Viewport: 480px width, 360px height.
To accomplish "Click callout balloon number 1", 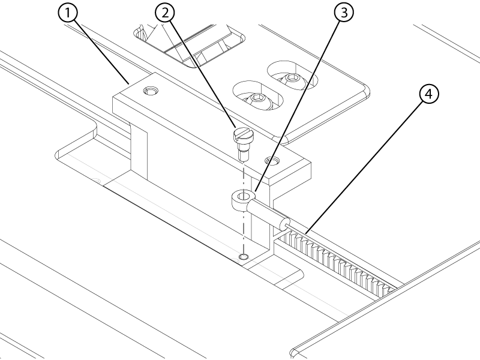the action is pyautogui.click(x=68, y=13).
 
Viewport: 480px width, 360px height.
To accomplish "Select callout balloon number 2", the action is pyautogui.click(x=165, y=13).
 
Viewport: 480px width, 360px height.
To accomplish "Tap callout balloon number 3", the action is pyautogui.click(x=344, y=13).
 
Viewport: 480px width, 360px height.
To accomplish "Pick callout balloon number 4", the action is pyautogui.click(x=429, y=94).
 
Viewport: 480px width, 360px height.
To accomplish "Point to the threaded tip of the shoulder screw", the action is pyautogui.click(x=243, y=156).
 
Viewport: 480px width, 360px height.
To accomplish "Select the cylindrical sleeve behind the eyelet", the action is pyautogui.click(x=268, y=213).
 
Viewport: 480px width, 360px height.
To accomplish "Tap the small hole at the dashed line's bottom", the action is pyautogui.click(x=244, y=256).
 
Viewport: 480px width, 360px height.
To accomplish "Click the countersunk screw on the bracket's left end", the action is pyautogui.click(x=151, y=91).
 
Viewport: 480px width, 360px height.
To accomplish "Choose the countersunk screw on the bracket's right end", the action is pyautogui.click(x=272, y=160).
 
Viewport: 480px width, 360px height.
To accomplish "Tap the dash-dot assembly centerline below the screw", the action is pyautogui.click(x=244, y=208).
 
